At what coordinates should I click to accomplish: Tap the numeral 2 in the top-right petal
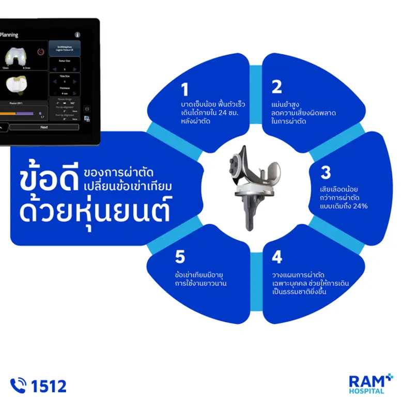pos(277,86)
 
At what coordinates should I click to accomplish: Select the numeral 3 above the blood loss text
pos(326,172)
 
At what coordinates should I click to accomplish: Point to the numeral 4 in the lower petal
pos(277,257)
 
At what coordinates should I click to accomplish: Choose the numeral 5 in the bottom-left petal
pos(180,257)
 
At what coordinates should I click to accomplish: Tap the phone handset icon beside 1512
pos(19,385)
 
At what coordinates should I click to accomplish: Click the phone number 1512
pos(49,385)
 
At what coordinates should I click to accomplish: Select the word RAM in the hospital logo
pos(364,381)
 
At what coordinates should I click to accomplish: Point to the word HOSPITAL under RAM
pos(367,392)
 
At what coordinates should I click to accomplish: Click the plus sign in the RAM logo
pos(389,377)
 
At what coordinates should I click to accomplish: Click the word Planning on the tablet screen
pos(9,35)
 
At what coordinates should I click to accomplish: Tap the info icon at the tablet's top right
pos(78,35)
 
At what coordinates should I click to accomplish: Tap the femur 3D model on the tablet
pos(16,57)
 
